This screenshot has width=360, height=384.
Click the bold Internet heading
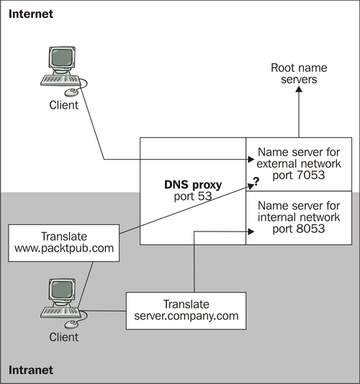(x=31, y=14)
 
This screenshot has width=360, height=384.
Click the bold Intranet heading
(x=31, y=370)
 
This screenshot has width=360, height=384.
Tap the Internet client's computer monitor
(x=62, y=58)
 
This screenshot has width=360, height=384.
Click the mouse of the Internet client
(x=71, y=92)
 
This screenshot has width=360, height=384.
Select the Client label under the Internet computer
(x=64, y=105)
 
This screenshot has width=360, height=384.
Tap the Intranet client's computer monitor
(x=62, y=290)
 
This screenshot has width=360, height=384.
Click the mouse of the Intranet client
(x=71, y=324)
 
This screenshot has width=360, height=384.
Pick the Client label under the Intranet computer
(x=64, y=337)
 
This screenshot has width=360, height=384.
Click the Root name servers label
(x=299, y=73)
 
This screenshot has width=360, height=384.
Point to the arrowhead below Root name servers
(x=299, y=89)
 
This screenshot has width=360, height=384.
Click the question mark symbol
(x=256, y=181)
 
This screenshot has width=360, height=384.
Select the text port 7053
(x=299, y=175)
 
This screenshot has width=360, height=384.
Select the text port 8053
(x=299, y=229)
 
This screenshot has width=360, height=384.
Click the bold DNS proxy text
(x=193, y=185)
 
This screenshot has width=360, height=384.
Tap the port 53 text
(x=193, y=196)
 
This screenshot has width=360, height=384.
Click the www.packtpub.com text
(x=64, y=248)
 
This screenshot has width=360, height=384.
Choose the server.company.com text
(x=186, y=316)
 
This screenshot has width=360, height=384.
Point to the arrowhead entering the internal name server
(x=251, y=232)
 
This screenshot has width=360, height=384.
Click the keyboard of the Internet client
(x=60, y=80)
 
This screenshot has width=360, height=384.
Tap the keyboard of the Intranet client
(x=60, y=312)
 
